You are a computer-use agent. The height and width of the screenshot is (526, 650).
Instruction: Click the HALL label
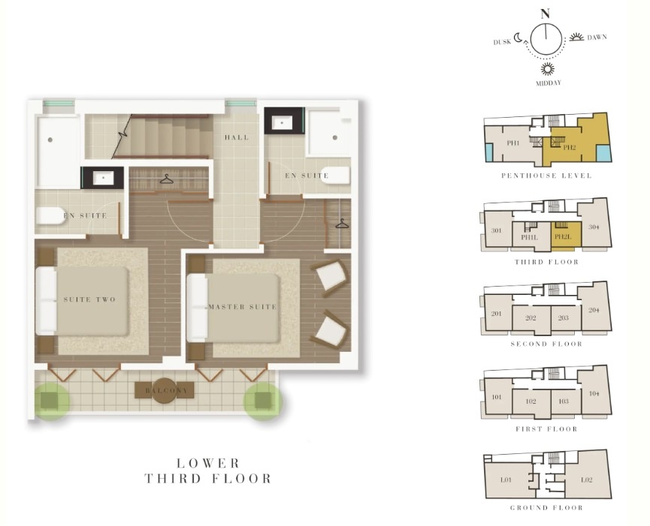[x=237, y=137]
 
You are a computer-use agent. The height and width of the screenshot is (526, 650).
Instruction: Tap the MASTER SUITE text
[x=243, y=307]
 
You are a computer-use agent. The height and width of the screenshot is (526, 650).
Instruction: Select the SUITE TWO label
[x=89, y=299]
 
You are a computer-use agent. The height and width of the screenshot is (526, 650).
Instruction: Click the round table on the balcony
[x=165, y=390]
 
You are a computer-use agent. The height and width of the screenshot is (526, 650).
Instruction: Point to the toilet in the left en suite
[x=51, y=215]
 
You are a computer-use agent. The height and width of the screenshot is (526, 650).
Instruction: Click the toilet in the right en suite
[x=335, y=176]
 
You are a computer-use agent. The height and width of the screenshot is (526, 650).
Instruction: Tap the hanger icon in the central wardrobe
[x=166, y=179]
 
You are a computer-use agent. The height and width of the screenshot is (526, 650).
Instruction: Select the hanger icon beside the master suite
[x=342, y=224]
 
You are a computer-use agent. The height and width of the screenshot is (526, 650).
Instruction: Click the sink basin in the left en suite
[x=102, y=179]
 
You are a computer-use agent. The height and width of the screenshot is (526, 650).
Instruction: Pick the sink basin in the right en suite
[x=282, y=122]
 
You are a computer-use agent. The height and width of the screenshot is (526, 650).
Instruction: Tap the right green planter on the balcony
[x=263, y=401]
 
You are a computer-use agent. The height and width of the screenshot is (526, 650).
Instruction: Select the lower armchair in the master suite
[x=330, y=330]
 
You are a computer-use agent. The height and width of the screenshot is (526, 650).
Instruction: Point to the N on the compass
[x=546, y=14]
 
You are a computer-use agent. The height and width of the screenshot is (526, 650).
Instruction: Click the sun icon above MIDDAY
[x=547, y=68]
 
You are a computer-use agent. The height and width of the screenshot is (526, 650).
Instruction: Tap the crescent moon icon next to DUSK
[x=518, y=38]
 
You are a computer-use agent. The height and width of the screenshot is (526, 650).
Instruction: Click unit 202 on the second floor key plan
[x=531, y=318]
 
